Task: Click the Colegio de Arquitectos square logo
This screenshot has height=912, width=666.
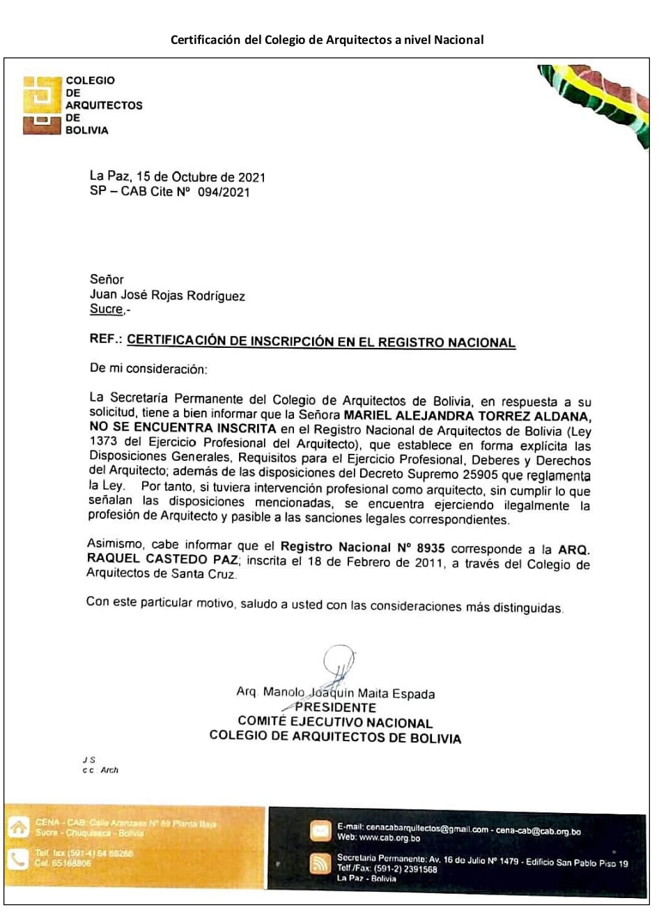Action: (42, 105)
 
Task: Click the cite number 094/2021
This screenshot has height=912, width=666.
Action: (223, 192)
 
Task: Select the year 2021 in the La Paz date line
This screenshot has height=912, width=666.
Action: (251, 177)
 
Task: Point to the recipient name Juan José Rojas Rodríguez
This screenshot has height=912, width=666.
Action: (167, 295)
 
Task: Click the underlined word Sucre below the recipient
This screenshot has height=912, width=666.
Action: (106, 309)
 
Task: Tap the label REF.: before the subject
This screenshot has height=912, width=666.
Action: (106, 339)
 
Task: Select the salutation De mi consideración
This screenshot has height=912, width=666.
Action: (148, 369)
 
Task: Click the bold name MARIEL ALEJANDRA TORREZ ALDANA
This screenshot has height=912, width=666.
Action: (467, 416)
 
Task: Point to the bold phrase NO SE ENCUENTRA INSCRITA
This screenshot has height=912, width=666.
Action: (183, 428)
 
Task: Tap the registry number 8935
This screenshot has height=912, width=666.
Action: (431, 549)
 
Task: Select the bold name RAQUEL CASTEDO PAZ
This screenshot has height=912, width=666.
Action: (162, 559)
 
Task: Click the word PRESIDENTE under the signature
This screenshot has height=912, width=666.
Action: (335, 708)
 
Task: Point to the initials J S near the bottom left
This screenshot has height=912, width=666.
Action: (88, 759)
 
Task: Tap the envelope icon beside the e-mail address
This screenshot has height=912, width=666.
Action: (320, 831)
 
